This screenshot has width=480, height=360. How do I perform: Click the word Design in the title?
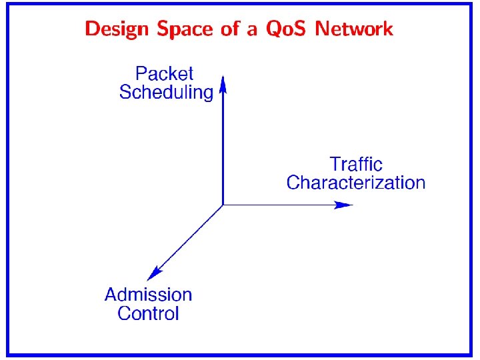pyautogui.click(x=118, y=29)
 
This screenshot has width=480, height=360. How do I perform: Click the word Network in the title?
pyautogui.click(x=354, y=29)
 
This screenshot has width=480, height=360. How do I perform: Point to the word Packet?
pyautogui.click(x=164, y=73)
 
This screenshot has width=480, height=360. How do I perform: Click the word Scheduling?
pyautogui.click(x=166, y=93)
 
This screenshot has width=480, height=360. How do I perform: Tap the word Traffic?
pyautogui.click(x=356, y=164)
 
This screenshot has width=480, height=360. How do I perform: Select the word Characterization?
pyautogui.click(x=355, y=183)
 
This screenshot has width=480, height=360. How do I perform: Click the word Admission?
pyautogui.click(x=148, y=295)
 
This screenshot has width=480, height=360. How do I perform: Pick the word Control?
pyautogui.click(x=148, y=313)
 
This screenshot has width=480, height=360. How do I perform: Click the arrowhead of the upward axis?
pyautogui.click(x=223, y=84)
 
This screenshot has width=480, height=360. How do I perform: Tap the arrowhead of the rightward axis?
pyautogui.click(x=344, y=205)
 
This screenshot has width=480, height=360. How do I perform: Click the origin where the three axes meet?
pyautogui.click(x=223, y=205)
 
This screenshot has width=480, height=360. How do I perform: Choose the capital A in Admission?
pyautogui.click(x=111, y=295)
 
